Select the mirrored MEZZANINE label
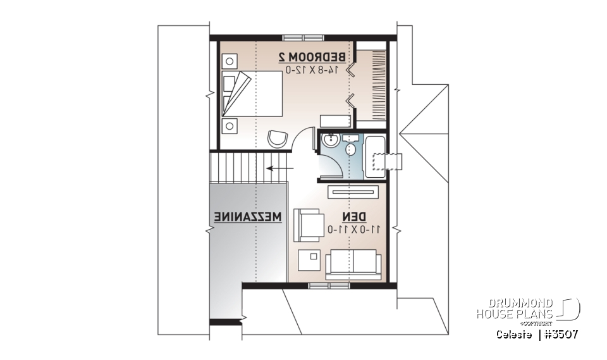tap(247, 216)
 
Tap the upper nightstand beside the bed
tap(229, 61)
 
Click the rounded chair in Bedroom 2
tap(276, 139)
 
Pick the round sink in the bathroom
tap(329, 140)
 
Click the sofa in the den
tap(353, 263)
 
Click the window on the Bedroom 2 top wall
tap(301, 37)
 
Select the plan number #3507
tap(559, 333)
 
